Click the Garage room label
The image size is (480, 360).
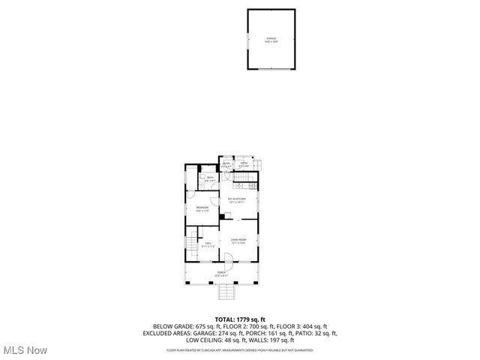(271, 39)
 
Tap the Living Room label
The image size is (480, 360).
(238, 241)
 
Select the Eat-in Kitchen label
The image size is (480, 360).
(237, 199)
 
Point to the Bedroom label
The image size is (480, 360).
(202, 208)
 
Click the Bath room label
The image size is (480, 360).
(211, 178)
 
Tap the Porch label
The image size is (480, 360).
(221, 273)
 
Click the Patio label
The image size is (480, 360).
(244, 163)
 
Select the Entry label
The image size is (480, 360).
(226, 164)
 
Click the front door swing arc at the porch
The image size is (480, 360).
(230, 262)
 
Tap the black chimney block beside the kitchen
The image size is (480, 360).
(221, 217)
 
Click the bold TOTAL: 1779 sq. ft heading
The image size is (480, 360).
(240, 319)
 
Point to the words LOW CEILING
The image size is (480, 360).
(208, 340)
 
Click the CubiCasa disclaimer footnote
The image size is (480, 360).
(240, 349)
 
